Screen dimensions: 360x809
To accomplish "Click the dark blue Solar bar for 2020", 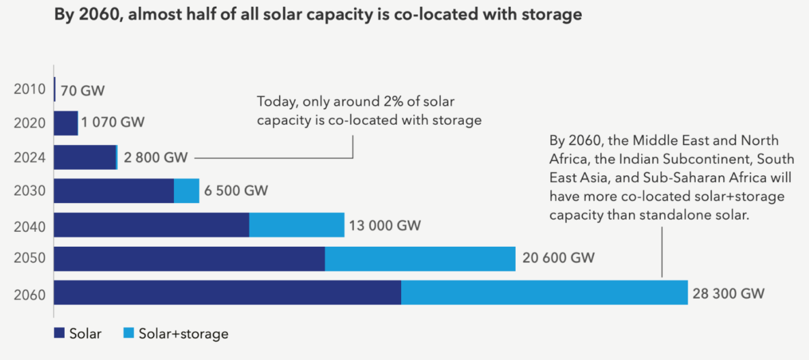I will (x=65, y=123).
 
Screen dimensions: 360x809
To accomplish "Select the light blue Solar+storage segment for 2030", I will (x=186, y=191).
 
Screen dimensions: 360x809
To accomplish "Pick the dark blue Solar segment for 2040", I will (x=151, y=225).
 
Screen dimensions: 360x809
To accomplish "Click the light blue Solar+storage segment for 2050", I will (x=419, y=259).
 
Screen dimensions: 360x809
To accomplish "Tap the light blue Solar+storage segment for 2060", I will (x=544, y=293).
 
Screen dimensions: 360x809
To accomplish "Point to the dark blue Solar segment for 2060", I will (x=227, y=293).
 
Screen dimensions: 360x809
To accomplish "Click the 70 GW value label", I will (x=83, y=90).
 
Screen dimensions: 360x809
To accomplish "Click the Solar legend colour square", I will (x=59, y=333).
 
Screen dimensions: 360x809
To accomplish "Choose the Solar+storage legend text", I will (x=183, y=334).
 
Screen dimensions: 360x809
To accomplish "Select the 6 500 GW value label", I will (x=237, y=191).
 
